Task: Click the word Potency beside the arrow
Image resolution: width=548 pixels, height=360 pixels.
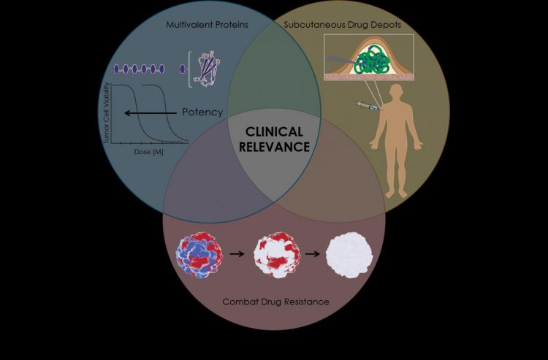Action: coord(202,112)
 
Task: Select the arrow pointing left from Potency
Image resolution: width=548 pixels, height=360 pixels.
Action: coord(150,113)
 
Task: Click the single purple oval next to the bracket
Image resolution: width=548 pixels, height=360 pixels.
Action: coord(182,69)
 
